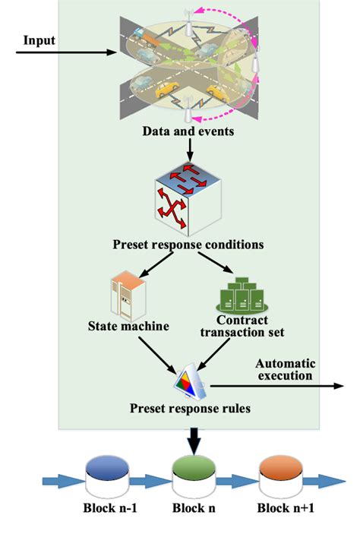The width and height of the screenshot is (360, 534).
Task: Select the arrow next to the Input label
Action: click(x=65, y=53)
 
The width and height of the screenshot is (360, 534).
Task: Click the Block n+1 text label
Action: click(x=282, y=509)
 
